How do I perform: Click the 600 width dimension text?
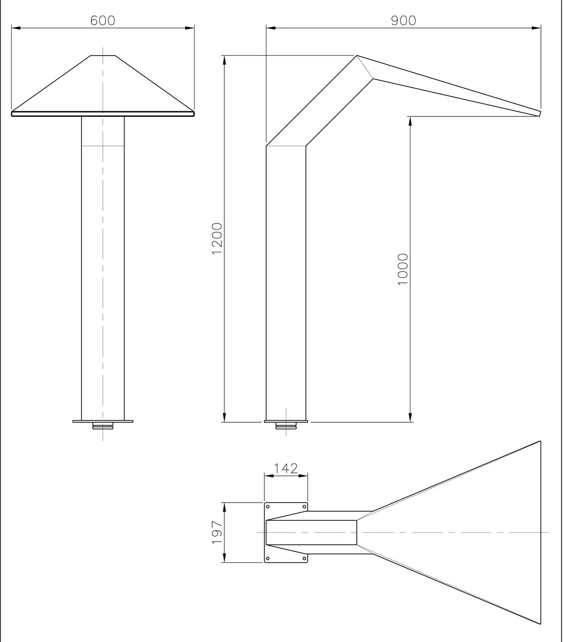(102, 21)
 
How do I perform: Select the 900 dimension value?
(403, 21)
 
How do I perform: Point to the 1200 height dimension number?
(217, 238)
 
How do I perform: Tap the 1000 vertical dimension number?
(403, 269)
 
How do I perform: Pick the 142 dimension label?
(286, 468)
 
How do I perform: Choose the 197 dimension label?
(217, 532)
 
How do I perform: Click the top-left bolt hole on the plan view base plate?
(267, 506)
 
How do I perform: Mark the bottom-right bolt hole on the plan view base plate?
(304, 558)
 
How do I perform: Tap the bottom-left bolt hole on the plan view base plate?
(267, 558)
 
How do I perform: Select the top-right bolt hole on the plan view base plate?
(304, 506)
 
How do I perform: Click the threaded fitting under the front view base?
(103, 427)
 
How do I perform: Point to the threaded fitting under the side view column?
(286, 427)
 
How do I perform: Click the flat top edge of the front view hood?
(103, 55)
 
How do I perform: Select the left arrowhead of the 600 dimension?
(15, 28)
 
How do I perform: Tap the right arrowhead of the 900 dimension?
(537, 28)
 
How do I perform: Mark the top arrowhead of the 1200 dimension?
(224, 59)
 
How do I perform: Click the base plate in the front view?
(103, 421)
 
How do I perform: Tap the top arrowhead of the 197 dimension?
(224, 506)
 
